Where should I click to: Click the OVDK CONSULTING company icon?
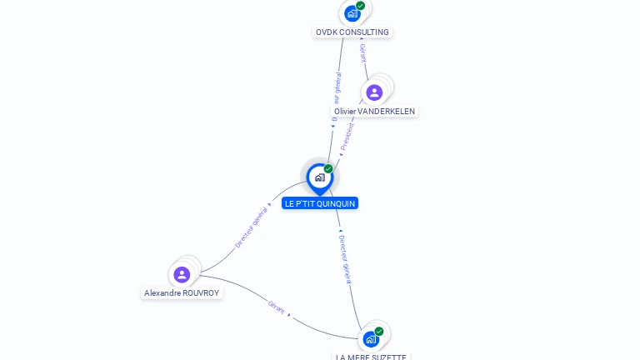pos(352,13)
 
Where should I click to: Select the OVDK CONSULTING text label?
pos(352,32)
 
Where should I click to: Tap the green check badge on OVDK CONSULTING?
pos(361,6)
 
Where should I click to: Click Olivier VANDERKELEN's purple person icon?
pos(374,92)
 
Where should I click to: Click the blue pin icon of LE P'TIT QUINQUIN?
pos(319,177)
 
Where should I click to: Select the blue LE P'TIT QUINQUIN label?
pos(320,203)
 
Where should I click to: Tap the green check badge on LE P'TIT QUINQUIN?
pos(328,169)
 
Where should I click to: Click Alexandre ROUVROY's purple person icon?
pos(182,274)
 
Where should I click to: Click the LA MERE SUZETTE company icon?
pos(371,339)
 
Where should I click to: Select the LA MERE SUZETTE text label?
pos(371,357)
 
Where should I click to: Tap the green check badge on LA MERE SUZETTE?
pos(379,332)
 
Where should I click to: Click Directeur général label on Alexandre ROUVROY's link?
pos(252,226)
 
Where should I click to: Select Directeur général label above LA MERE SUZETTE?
pos(347,258)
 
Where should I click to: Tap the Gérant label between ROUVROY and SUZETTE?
pos(277,306)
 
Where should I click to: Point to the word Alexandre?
pos(162,293)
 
